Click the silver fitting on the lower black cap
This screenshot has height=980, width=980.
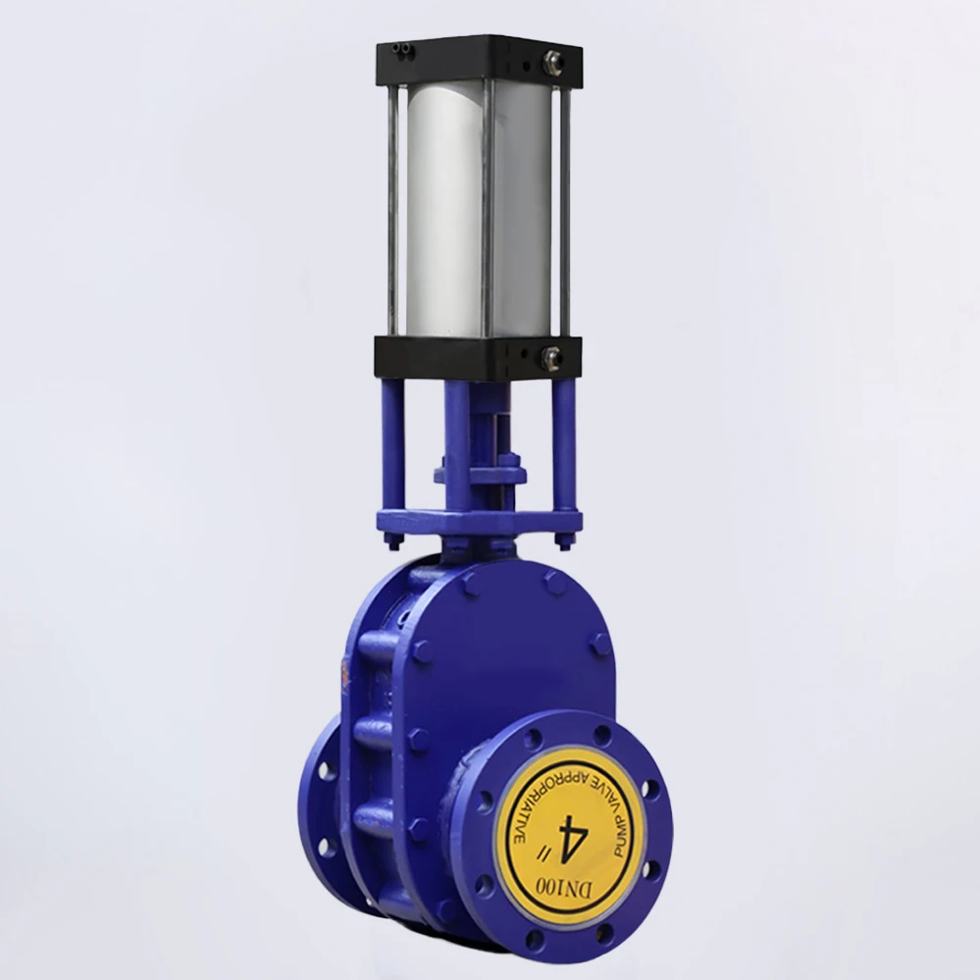(550, 356)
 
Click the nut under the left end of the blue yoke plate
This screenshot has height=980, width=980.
(393, 541)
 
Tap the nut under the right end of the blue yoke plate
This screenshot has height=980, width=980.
(565, 541)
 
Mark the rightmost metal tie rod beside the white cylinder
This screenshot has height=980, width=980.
(565, 211)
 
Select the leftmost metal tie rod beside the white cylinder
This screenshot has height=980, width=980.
(392, 211)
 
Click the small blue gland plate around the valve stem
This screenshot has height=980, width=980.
(480, 476)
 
